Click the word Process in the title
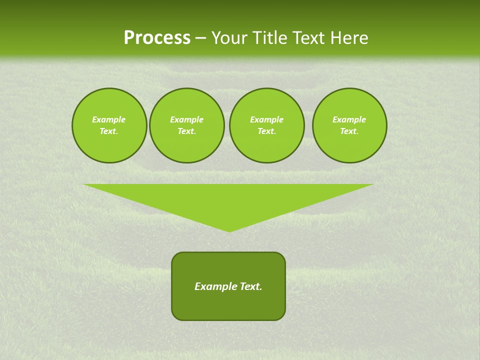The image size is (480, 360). pyautogui.click(x=157, y=38)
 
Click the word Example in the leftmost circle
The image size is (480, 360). pyautogui.click(x=109, y=119)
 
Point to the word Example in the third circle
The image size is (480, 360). pyautogui.click(x=266, y=119)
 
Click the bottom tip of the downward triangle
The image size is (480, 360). pyautogui.click(x=229, y=230)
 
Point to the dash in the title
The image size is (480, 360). pyautogui.click(x=200, y=38)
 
